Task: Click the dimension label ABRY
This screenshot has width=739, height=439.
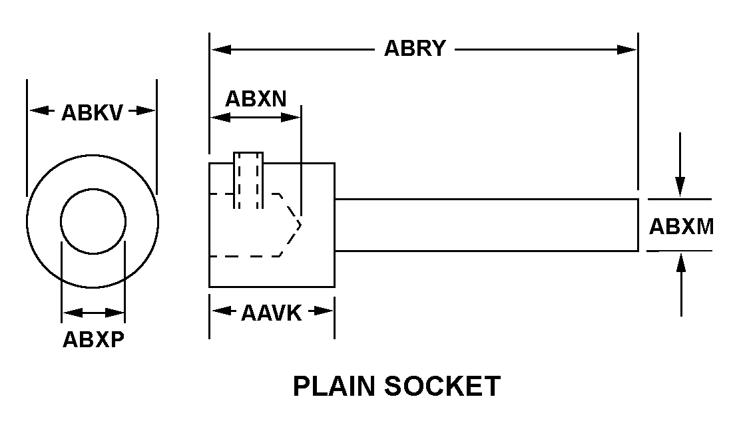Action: coord(414,49)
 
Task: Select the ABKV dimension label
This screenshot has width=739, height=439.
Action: coord(92,112)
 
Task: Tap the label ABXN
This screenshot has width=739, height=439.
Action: coord(256,99)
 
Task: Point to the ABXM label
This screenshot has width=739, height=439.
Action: coord(681,227)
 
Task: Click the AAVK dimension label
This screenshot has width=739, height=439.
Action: coord(271,312)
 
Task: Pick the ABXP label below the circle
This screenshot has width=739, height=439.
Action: coord(93,339)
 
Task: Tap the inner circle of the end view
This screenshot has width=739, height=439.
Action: coord(93,221)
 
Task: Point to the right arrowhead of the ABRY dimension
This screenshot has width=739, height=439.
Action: coord(627,49)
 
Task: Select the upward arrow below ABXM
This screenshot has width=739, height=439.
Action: coord(680,263)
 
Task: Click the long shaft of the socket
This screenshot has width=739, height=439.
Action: coord(486,225)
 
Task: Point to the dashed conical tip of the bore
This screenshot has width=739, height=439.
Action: coord(292,225)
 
